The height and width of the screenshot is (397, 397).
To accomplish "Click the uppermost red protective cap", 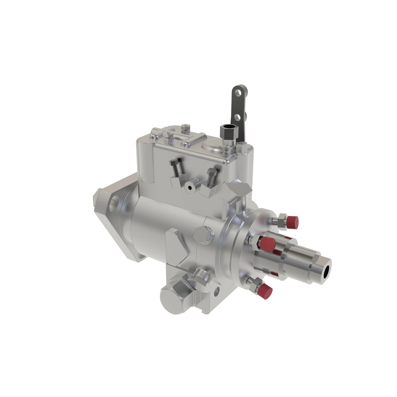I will coord(292,222).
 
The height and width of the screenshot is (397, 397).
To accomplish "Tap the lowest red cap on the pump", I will coord(265,291).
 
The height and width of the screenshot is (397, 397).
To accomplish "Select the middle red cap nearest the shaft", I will coord(267,243).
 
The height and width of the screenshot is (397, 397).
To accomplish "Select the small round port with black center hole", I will coord(190,187).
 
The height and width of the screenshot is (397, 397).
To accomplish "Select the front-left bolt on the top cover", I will coord(169,135).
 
